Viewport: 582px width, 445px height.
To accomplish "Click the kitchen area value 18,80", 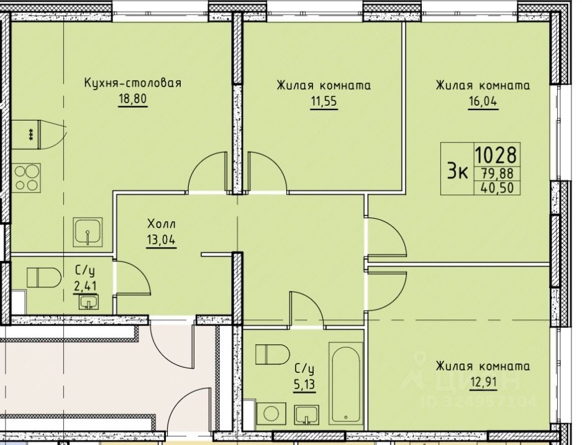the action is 133,99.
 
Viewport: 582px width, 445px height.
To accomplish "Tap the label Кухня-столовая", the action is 133,83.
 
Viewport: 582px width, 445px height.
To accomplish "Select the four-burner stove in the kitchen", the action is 26,178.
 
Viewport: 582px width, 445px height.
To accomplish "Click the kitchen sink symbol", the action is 88,232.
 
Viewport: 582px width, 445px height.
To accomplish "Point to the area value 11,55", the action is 324,101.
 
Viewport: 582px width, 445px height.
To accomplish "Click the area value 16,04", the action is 483,101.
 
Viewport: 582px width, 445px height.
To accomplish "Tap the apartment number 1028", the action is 496,155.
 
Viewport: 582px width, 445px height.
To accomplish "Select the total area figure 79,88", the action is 497,173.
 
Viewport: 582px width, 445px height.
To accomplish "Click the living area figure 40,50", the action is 498,188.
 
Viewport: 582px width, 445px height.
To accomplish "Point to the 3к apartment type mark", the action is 457,172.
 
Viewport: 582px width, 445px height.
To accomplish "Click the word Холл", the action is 161,224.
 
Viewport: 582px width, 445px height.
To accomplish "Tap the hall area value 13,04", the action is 161,240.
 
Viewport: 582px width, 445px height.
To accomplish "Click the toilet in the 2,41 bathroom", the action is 44,277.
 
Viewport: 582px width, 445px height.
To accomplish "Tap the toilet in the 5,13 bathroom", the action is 273,354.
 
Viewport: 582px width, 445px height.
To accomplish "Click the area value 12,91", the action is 483,382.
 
